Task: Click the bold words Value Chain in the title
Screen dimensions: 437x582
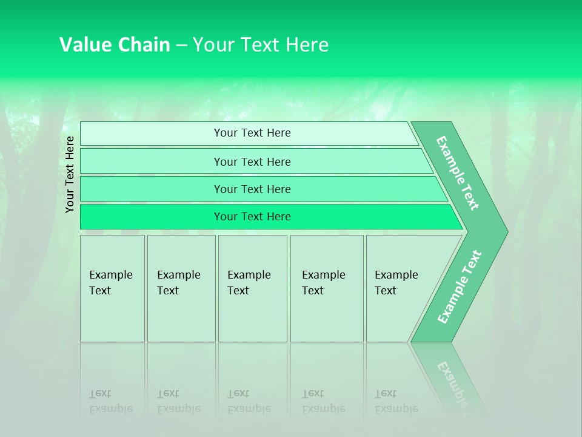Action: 115,45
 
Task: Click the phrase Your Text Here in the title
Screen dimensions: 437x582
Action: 261,45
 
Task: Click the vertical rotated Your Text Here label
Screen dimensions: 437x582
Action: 70,175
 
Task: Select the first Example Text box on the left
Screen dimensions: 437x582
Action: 112,288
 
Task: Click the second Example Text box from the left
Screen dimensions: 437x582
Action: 181,288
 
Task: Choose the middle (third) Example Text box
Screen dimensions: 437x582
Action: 252,288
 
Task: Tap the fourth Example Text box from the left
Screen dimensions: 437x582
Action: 326,288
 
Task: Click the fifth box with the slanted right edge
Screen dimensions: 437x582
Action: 400,288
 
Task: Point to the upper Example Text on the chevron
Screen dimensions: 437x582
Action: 458,173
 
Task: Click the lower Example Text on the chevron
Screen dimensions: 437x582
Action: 460,287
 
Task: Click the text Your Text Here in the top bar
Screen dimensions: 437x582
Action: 252,133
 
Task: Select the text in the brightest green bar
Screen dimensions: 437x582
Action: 252,217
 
